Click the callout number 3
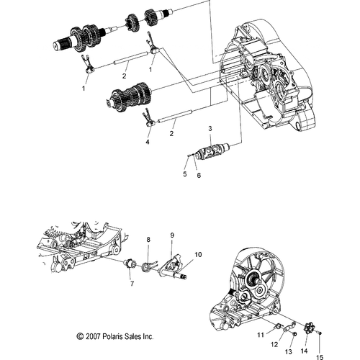(x=210, y=128)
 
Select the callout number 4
(x=148, y=142)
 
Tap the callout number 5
(x=185, y=174)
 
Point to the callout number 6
(x=199, y=176)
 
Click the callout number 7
(x=132, y=284)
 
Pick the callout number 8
(x=148, y=240)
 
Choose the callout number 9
(x=172, y=235)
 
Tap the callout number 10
(x=198, y=254)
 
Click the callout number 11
(x=261, y=335)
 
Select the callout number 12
(x=274, y=344)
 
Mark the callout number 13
(x=288, y=351)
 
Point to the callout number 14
(x=304, y=351)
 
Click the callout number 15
(x=320, y=357)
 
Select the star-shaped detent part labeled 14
(x=307, y=329)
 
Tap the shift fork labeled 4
(x=149, y=118)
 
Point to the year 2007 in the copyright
(x=93, y=336)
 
